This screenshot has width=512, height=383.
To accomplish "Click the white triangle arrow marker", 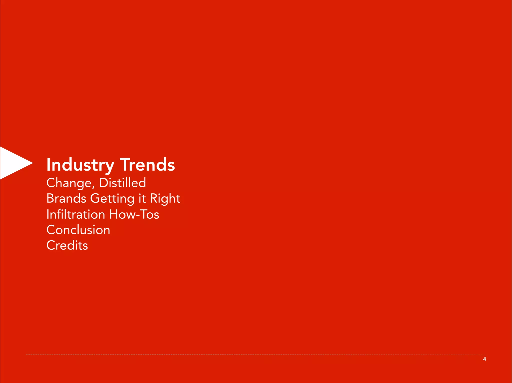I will tap(12, 163).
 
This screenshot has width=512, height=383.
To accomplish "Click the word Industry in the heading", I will tap(80, 165).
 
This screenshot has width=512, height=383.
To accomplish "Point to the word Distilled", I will tap(122, 183).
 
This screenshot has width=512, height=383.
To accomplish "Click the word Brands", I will tap(66, 198).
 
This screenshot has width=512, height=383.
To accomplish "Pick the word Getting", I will tap(112, 199).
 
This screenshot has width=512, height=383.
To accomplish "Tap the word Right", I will tap(165, 199).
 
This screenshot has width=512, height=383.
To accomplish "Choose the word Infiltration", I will tap(76, 214).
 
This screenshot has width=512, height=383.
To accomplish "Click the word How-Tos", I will tap(134, 214).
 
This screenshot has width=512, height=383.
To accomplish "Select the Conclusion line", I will tap(78, 230).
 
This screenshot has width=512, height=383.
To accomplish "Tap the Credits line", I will tap(67, 245).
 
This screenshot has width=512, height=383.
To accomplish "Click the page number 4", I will tap(484, 359).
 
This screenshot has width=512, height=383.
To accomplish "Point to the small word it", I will tap(142, 199).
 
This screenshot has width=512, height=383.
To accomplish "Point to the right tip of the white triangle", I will tap(32, 163).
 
